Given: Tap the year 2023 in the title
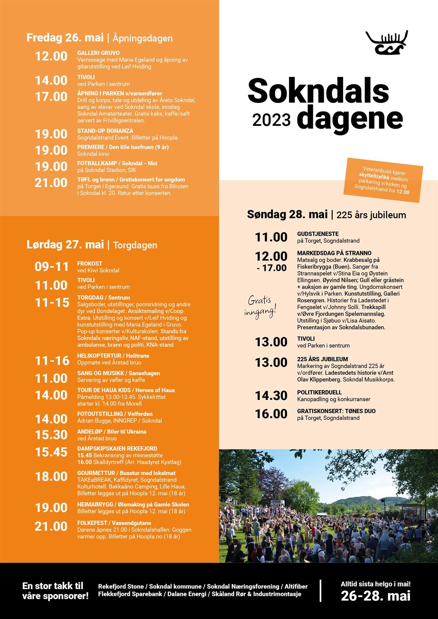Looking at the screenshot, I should click(x=271, y=120).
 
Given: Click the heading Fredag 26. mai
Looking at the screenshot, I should click(x=65, y=38).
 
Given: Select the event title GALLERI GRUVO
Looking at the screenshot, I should click(x=98, y=53).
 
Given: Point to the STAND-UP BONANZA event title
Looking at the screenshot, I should click(x=105, y=131).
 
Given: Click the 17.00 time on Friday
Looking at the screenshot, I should click(x=51, y=97).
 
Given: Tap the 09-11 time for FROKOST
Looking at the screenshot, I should click(x=51, y=267).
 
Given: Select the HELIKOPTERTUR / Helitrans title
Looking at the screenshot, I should click(x=113, y=356).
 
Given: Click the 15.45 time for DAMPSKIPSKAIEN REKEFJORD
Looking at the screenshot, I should click(x=51, y=452).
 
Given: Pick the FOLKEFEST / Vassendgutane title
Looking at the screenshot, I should click(x=114, y=523).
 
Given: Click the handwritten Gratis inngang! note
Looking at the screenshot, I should click(x=260, y=306).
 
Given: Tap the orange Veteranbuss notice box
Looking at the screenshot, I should click(x=383, y=180).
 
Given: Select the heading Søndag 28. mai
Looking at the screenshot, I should click(x=287, y=214).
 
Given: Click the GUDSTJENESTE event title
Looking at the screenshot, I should click(x=318, y=234).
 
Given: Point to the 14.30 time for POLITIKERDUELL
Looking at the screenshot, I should click(x=271, y=395).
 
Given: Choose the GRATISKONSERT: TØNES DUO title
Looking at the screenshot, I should click(x=336, y=411).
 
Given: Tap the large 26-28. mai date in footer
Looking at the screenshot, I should click(x=375, y=596).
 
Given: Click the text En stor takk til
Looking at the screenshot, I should click(x=53, y=586).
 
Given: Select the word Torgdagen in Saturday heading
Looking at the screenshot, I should click(x=135, y=245).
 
